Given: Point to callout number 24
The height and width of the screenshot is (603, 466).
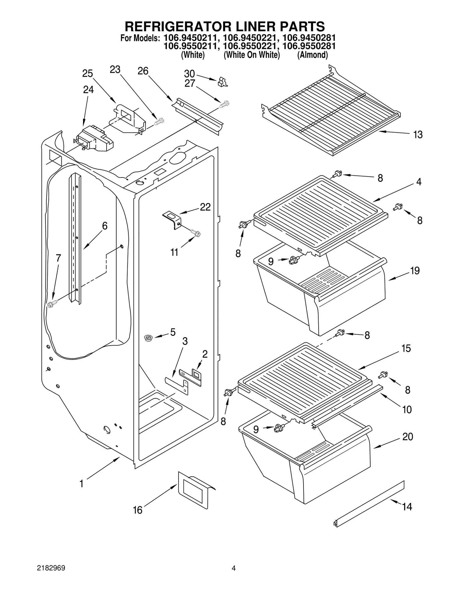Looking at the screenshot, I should click(88, 90).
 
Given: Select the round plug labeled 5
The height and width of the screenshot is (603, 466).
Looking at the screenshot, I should click(149, 338).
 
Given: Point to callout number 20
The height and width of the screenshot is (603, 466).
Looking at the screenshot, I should click(408, 437).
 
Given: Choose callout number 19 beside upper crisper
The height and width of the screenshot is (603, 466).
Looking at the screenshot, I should click(415, 271).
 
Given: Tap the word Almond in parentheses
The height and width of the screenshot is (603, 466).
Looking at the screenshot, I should click(312, 55).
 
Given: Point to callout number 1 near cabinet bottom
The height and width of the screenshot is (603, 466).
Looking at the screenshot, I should click(82, 484).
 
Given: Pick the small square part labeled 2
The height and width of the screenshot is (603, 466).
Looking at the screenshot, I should click(196, 374).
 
